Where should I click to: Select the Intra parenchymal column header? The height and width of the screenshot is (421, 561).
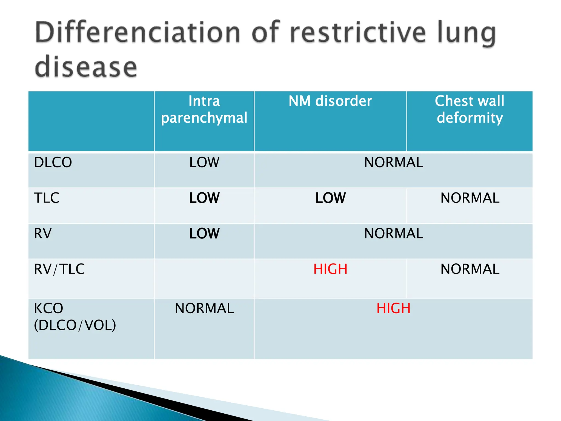click(x=204, y=109)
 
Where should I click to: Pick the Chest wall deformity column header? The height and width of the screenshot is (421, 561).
click(x=470, y=109)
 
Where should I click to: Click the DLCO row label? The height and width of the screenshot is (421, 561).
click(x=53, y=162)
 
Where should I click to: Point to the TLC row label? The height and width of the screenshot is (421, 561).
click(x=47, y=198)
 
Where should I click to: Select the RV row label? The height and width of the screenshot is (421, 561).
click(x=43, y=234)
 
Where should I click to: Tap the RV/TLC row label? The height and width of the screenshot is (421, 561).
click(x=59, y=269)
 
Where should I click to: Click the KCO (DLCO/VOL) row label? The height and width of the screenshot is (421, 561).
click(x=75, y=317)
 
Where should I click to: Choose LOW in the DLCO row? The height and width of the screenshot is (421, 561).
click(x=204, y=162)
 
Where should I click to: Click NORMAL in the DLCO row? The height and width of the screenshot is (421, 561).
click(x=393, y=162)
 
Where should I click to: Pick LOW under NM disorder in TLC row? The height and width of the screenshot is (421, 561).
click(x=330, y=198)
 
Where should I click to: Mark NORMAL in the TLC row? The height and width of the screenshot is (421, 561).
click(x=470, y=198)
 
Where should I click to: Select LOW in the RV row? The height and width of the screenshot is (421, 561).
click(x=204, y=234)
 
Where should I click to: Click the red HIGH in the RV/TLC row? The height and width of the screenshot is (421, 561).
click(x=330, y=269)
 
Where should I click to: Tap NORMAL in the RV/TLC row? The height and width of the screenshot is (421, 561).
click(x=470, y=269)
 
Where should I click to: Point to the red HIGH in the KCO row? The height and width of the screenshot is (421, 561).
click(x=393, y=308)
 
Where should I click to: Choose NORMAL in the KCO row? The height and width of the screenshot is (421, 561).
click(x=204, y=308)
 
